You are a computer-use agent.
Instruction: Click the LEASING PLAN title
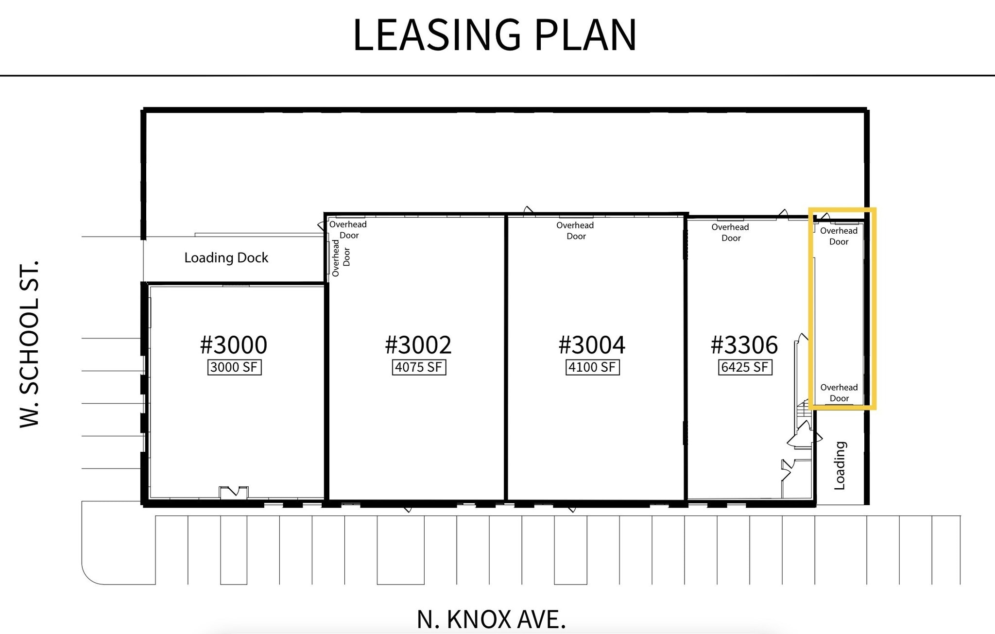[494, 34]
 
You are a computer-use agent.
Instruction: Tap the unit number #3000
[234, 345]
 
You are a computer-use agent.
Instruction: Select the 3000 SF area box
[234, 367]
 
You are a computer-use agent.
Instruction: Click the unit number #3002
[418, 345]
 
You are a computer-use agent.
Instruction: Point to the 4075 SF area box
[419, 367]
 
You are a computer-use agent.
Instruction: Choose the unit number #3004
[592, 345]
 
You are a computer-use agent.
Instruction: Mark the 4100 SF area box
[593, 367]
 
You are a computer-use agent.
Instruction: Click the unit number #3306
[744, 345]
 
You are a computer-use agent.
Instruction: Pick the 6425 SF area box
[745, 367]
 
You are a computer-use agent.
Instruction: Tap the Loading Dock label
[226, 257]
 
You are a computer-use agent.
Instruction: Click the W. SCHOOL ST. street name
[30, 344]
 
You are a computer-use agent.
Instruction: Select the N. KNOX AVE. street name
[491, 619]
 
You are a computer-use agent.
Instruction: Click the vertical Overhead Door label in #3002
[341, 257]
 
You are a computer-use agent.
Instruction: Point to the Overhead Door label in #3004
[575, 231]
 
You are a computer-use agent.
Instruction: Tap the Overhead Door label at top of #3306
[730, 232]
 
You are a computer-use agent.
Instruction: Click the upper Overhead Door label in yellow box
[839, 236]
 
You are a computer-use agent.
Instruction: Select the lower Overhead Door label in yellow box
[839, 393]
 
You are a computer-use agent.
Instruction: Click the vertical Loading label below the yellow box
[840, 465]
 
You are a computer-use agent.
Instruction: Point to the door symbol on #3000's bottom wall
[234, 492]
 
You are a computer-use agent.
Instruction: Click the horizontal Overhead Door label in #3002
[348, 229]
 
